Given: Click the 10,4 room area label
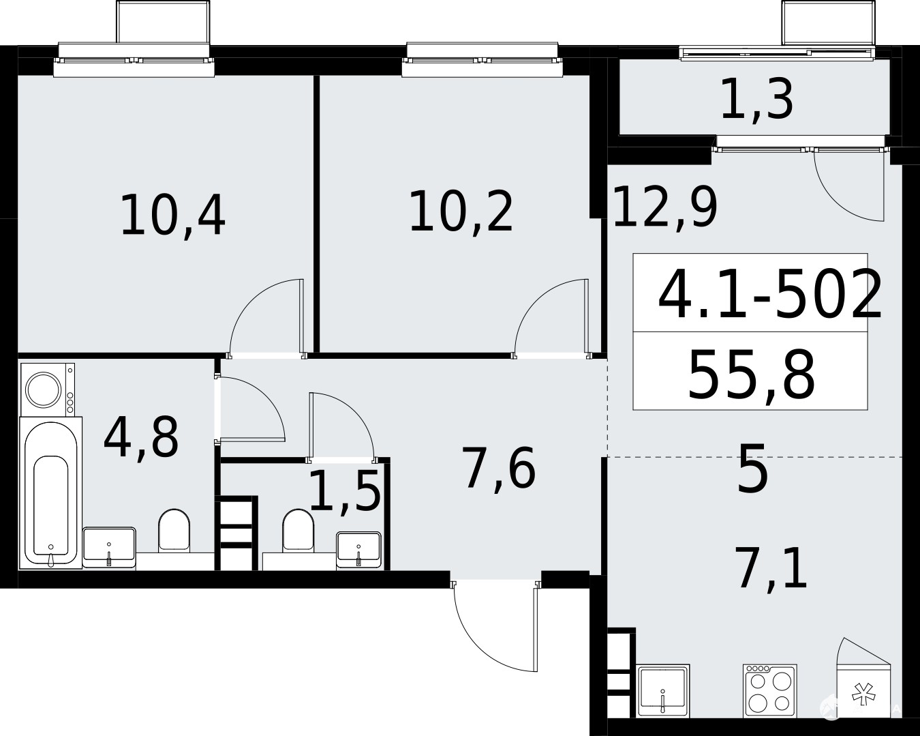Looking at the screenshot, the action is point(173,216).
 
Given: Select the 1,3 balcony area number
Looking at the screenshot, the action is point(757,101).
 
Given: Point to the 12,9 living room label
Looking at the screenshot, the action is point(665,207).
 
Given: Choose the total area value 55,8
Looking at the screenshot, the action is point(752,375).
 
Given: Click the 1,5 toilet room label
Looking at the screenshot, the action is point(345,490).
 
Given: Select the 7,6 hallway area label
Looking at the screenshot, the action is point(501,468).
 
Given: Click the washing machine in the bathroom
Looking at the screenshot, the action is point(48,389).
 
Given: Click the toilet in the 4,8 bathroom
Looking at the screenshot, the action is point(174,530).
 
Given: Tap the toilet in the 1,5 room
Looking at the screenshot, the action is point(298,530).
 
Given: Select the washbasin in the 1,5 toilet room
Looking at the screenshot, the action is point(358,550).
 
